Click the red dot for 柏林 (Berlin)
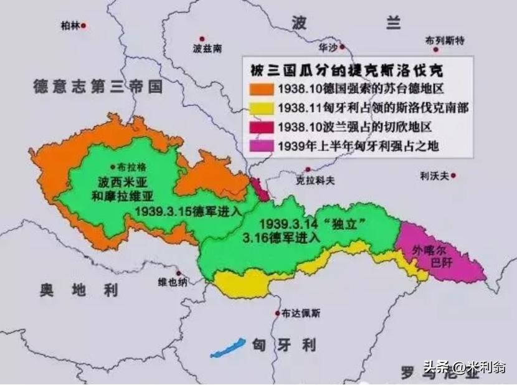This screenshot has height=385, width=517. (x=83, y=26)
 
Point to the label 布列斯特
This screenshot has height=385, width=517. (x=445, y=40)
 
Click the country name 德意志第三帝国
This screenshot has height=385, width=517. (x=98, y=87)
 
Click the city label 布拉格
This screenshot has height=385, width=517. (x=129, y=167)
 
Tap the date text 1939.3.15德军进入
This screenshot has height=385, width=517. (x=187, y=211)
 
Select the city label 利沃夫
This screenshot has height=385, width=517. (x=434, y=176)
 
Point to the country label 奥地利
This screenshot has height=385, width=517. (x=78, y=289)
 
